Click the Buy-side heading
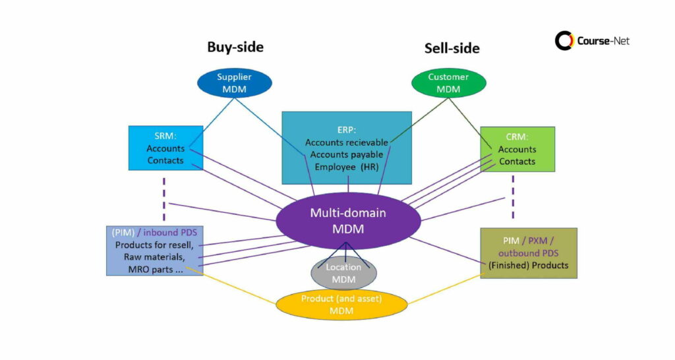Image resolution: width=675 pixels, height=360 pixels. (235, 47)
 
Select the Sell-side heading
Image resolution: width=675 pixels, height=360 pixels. (452, 48)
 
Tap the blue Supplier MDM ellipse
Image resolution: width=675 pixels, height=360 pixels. (234, 82)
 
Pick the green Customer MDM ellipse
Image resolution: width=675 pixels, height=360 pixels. (448, 82)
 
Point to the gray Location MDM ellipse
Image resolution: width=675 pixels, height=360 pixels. (343, 273)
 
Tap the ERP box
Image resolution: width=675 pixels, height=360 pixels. (347, 147)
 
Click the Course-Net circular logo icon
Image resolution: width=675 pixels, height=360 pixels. (564, 41)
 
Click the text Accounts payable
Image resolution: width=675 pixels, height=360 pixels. (346, 155)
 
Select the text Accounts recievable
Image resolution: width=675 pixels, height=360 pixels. (347, 142)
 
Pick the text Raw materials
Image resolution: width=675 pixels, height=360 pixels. (154, 256)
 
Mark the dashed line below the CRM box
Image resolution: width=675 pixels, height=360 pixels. (512, 204)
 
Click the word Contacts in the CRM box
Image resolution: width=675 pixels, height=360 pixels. (517, 162)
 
